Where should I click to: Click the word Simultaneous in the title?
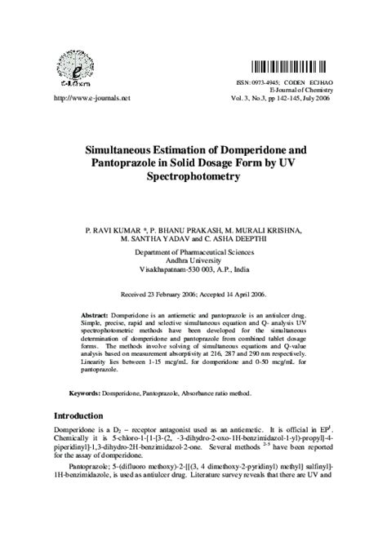coord(139,150)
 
